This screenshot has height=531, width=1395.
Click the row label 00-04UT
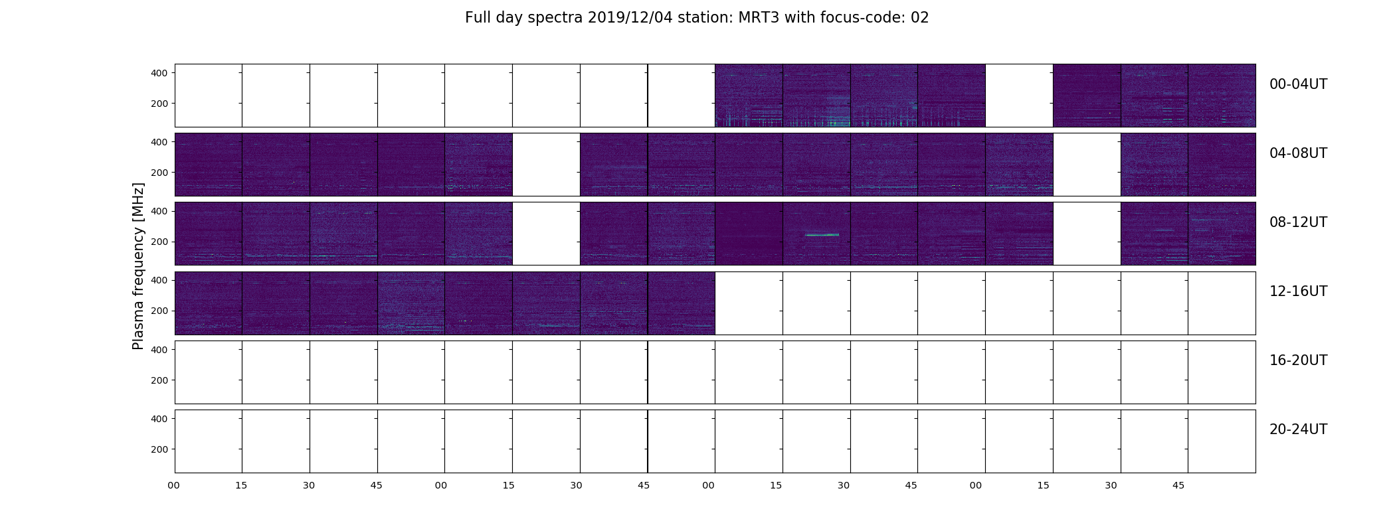(1298, 84)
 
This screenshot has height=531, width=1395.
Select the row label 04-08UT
(1298, 153)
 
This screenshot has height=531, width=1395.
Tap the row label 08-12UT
(1298, 222)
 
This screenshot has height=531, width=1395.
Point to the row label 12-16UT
(1298, 291)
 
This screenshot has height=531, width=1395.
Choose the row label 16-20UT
(1298, 360)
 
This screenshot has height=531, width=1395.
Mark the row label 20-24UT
(1298, 429)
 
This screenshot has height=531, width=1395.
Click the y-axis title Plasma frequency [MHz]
(138, 266)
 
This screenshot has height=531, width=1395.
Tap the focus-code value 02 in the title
(919, 18)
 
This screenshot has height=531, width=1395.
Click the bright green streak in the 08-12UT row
(822, 235)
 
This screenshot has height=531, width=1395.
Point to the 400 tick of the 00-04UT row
(159, 73)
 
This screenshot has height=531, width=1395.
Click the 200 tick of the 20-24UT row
(159, 449)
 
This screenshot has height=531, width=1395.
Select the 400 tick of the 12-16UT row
(159, 280)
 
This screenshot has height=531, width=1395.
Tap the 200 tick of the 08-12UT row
(159, 242)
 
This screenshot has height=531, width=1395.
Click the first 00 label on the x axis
(174, 485)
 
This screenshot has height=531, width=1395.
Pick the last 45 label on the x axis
(1178, 485)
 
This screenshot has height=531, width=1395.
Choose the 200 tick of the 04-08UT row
(159, 173)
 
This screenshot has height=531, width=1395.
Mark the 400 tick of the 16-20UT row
(159, 350)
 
